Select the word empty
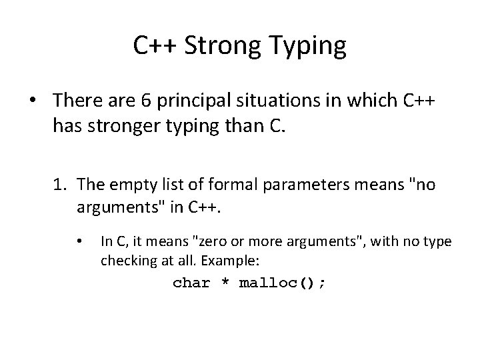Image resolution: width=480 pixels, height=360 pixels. click(x=143, y=184)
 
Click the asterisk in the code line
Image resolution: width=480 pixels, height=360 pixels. click(x=225, y=283)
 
